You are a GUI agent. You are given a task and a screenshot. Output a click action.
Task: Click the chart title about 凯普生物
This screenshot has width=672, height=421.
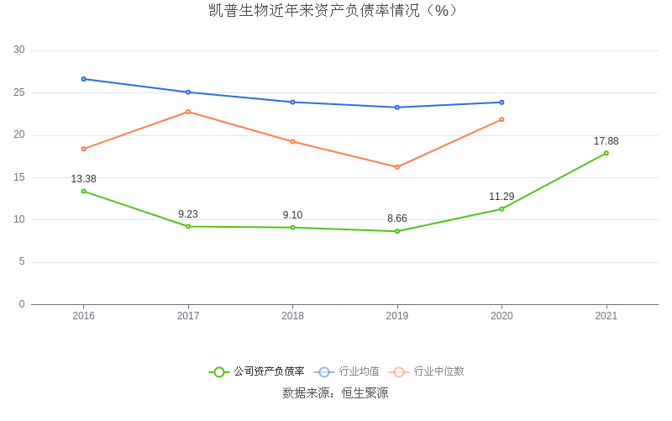pos(336,11)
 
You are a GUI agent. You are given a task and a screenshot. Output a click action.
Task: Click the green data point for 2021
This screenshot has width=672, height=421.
pos(606,153)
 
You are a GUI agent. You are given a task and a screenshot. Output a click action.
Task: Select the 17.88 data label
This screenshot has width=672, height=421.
pos(606,141)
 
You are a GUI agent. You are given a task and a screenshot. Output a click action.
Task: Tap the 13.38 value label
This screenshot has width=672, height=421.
pos(83,179)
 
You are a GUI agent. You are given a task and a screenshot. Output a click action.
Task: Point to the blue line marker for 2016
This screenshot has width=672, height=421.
pos(83,79)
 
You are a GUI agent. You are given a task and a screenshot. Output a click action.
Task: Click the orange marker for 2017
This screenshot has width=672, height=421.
pos(188,112)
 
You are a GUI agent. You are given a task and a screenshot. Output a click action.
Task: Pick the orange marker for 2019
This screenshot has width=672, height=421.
pos(397,167)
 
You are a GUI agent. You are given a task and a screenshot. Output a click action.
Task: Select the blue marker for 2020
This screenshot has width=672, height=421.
pos(501,103)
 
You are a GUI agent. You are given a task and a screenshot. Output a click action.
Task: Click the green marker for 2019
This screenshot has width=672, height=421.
pos(397,231)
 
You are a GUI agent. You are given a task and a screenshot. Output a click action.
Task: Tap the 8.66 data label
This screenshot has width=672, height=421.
pos(397,218)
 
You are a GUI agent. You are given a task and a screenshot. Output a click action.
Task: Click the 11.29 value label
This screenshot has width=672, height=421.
pos(501,197)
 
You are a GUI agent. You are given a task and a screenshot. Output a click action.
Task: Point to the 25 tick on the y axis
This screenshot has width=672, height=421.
pos(19,92)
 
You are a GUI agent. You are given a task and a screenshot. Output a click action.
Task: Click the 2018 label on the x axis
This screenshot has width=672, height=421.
pos(292,316)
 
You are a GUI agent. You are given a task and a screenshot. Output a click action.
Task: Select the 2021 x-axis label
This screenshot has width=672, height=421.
pos(606,316)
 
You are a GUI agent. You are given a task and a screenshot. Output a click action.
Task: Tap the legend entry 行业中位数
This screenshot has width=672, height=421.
pos(428,371)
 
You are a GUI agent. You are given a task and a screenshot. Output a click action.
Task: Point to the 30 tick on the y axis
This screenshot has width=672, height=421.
pos(19,50)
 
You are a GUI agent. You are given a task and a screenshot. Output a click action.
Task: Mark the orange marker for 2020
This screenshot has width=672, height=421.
pos(501,119)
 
